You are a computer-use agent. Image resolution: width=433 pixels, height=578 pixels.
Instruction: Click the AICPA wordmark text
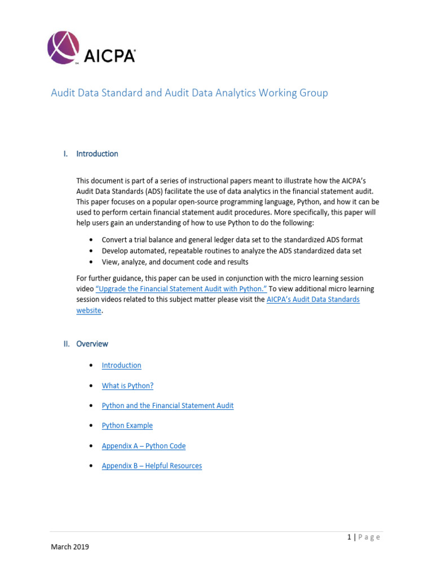110,56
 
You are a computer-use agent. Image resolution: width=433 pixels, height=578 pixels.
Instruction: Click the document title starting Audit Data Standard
189,93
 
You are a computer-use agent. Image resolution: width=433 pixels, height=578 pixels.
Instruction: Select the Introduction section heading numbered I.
97,154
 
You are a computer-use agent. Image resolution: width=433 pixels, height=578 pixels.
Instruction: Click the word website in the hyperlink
89,310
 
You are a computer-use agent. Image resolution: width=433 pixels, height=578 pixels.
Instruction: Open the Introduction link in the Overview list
121,365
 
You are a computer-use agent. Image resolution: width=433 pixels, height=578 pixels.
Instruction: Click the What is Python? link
127,386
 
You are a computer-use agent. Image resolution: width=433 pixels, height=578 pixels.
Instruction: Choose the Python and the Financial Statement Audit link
167,405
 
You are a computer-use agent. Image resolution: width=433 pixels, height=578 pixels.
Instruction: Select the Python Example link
127,426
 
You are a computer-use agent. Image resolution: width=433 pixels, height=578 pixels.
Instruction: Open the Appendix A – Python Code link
143,446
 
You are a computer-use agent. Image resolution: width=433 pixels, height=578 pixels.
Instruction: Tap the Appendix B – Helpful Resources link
152,466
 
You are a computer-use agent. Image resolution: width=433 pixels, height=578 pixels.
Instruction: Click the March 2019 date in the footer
70,547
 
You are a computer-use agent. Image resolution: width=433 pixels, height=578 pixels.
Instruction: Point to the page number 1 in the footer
349,537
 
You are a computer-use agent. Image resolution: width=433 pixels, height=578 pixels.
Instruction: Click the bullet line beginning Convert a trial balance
232,240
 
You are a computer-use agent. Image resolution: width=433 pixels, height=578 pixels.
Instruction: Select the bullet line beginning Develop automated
231,251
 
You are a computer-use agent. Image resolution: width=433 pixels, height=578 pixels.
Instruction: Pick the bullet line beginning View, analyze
175,262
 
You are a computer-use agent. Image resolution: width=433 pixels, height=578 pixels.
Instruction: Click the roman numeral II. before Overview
67,344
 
